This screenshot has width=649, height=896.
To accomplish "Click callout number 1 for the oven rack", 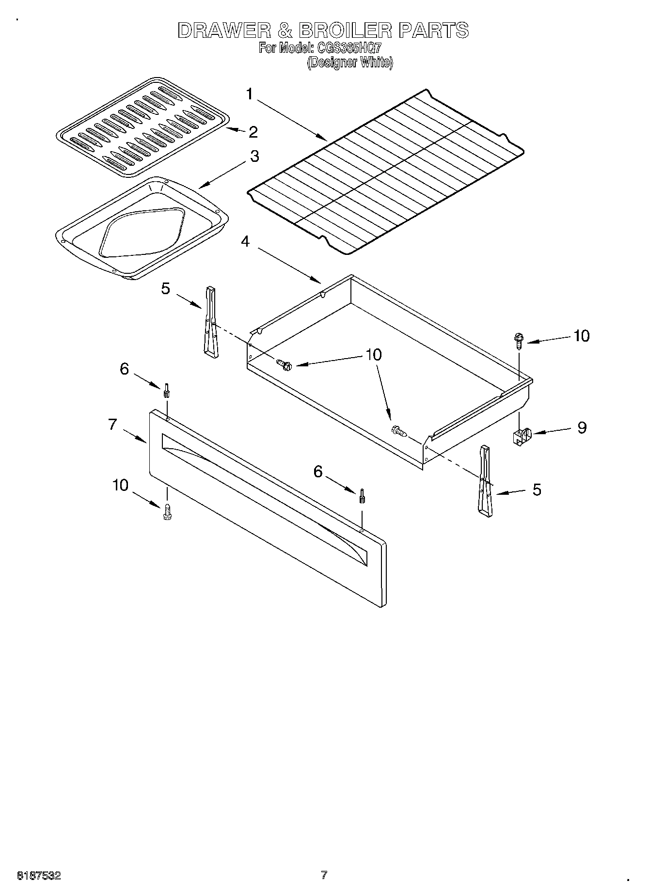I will click(x=249, y=94).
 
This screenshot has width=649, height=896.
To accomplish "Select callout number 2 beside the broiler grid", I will click(x=253, y=132).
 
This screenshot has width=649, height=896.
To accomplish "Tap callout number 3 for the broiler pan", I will click(x=254, y=156).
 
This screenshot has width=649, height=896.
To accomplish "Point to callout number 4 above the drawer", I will click(x=245, y=241).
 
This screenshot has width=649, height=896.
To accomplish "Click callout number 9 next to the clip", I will click(x=581, y=427).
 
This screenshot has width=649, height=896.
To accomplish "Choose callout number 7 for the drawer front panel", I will click(x=112, y=424).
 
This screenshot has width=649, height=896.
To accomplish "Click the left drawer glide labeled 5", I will click(x=211, y=322).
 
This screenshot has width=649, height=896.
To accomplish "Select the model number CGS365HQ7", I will click(x=349, y=48).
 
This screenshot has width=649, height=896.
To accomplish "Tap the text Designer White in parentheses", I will click(x=349, y=63).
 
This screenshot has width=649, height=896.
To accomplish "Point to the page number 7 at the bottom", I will click(x=324, y=875).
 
